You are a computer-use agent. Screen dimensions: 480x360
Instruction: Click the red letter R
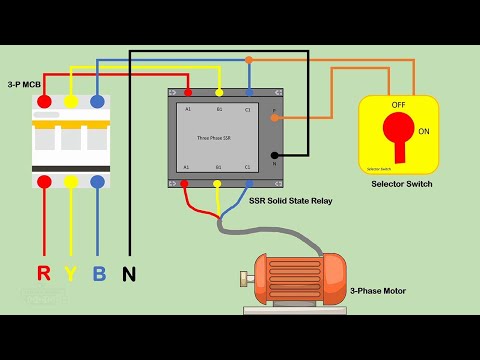pos(43,272)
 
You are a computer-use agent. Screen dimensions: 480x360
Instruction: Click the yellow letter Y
pos(71,272)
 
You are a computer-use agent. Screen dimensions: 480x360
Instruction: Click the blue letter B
pos(98,272)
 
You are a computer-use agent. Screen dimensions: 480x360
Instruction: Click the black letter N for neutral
pos(128,272)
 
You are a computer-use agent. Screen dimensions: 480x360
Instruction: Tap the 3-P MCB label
pos(24,84)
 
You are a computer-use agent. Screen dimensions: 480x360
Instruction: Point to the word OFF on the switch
pos(398,104)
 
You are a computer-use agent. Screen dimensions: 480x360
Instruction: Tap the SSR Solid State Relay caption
pos(290,201)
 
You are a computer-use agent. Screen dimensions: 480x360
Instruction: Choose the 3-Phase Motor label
pos(378,291)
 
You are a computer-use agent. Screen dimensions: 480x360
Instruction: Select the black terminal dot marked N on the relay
pos(275,155)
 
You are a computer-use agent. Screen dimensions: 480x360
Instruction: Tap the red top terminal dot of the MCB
pos(44,101)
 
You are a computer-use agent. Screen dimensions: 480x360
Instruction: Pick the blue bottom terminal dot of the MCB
pos(97,182)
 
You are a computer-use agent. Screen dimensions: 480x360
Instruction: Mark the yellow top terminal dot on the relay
pos(219,92)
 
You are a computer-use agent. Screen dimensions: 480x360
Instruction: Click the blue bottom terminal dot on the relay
pos(248,183)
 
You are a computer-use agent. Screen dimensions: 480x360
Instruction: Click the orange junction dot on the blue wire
pos(249,60)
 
